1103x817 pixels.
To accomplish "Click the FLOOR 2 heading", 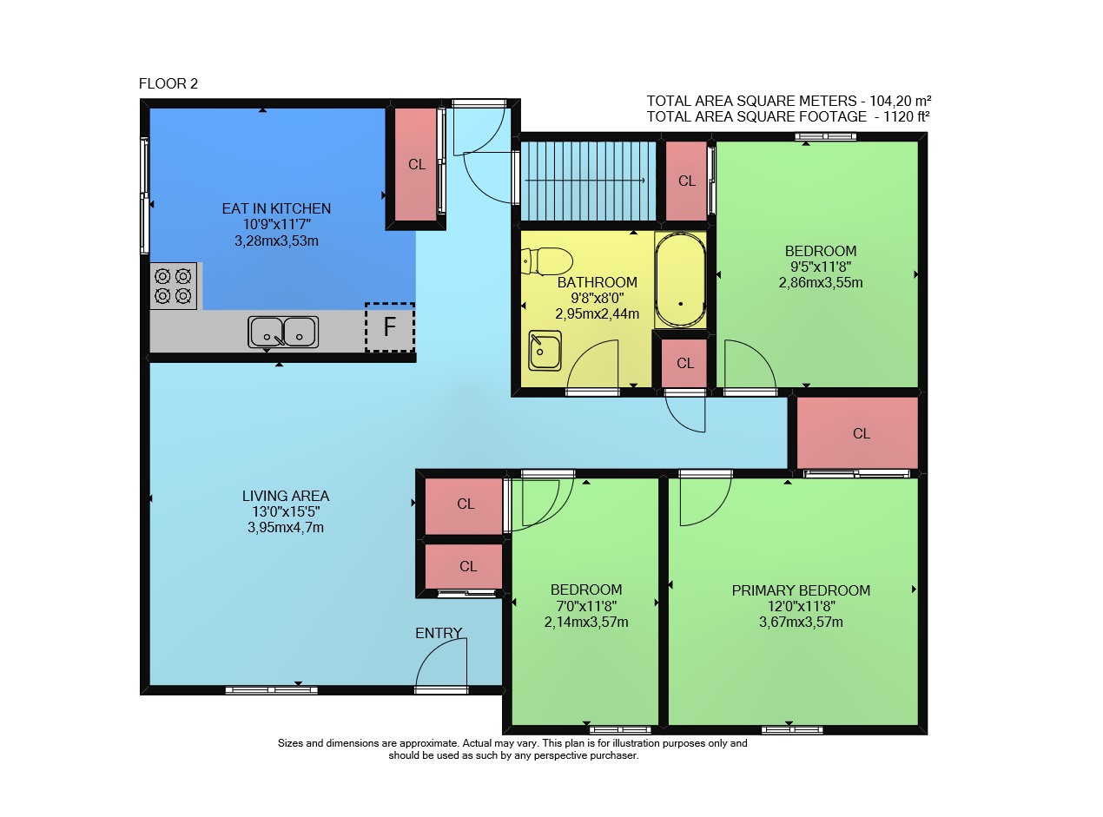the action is (168, 83).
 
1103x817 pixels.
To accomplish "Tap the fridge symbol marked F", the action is (389, 326).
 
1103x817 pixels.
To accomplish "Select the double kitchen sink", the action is (283, 332).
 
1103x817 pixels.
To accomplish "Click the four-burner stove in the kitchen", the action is (173, 287).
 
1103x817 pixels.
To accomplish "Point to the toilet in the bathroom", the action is (546, 261).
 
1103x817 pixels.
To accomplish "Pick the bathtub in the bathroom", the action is (680, 280).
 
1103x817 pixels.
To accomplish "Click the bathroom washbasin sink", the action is (545, 351).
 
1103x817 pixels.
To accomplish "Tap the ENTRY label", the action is (439, 633).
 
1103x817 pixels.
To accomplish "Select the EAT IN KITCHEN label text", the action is (276, 208).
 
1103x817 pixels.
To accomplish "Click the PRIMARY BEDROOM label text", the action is (801, 590).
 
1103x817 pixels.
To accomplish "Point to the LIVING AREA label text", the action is (286, 496).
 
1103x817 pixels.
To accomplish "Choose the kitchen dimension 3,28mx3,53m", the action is (276, 240).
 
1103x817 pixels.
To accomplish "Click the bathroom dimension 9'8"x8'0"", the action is (597, 298).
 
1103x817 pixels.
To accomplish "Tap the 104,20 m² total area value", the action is (900, 101).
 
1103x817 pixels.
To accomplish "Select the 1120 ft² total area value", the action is (906, 117).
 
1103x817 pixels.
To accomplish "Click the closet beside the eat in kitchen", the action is (416, 164).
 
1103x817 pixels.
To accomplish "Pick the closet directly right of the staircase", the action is (686, 181).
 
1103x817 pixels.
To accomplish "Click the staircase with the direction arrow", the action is (588, 181).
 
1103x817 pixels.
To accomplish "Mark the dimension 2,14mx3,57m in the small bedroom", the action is (586, 622).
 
